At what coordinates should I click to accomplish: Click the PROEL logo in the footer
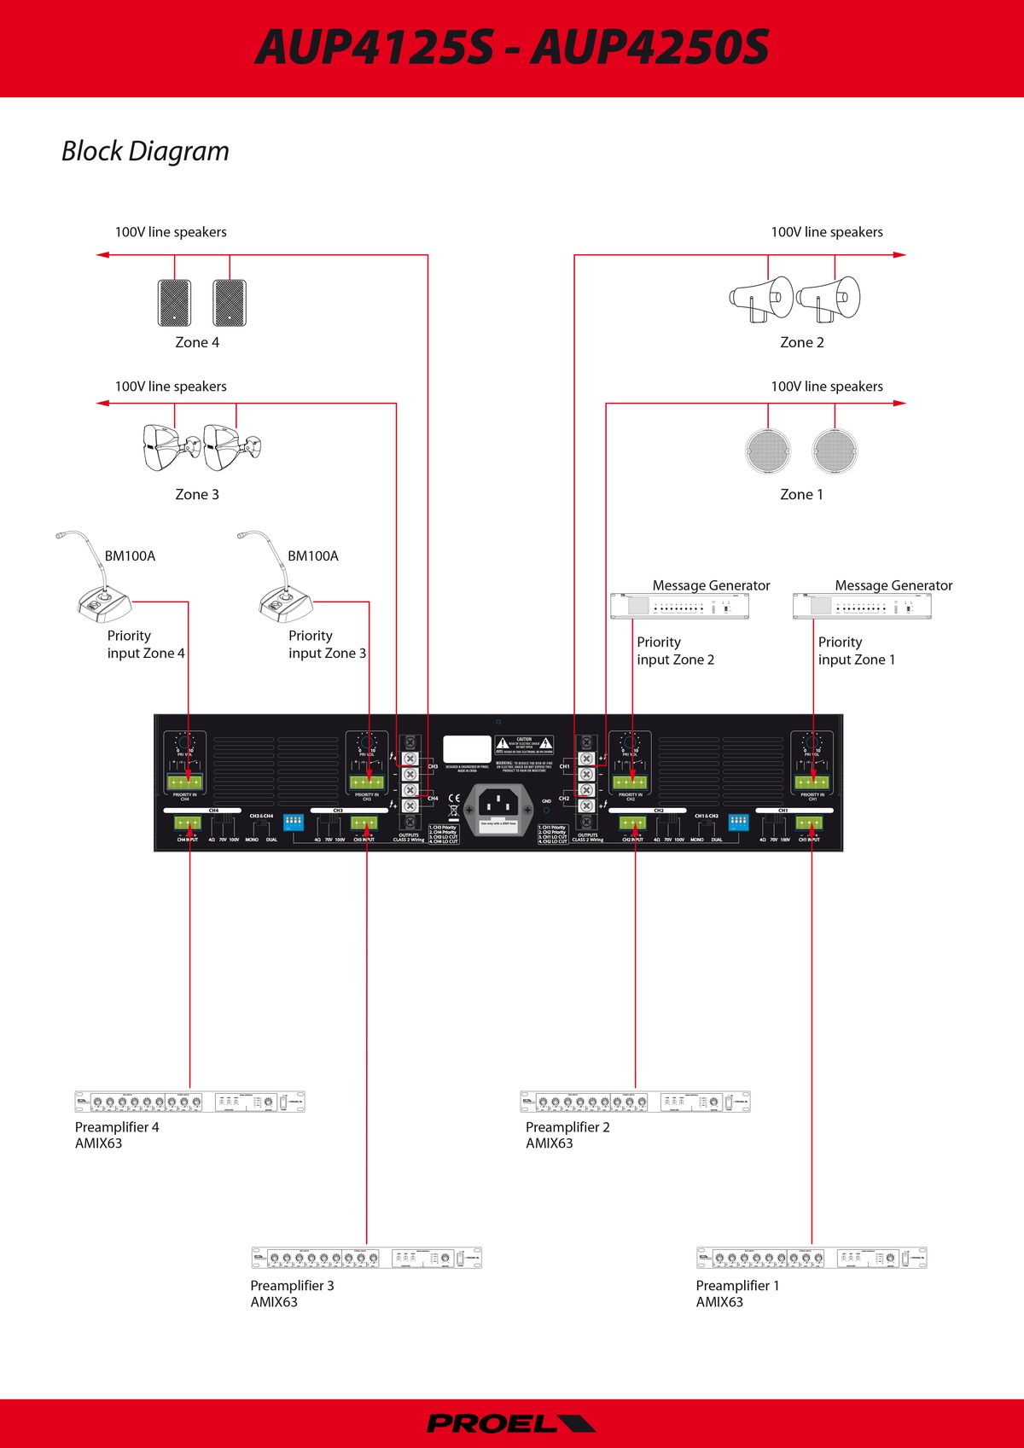tap(510, 1423)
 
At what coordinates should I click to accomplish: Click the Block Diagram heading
tap(145, 151)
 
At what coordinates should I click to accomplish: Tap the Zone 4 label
tap(197, 342)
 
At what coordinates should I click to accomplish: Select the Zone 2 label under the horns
tap(801, 342)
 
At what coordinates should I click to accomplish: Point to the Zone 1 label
tap(801, 494)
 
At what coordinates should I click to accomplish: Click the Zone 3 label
tap(197, 494)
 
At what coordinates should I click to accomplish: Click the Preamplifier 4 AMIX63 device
tap(189, 1102)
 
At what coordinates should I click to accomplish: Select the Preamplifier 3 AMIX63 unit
tap(366, 1258)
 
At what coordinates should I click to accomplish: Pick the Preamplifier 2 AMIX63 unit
tap(635, 1102)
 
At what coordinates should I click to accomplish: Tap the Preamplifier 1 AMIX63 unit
tap(812, 1258)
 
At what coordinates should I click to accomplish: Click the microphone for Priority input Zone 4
tap(97, 589)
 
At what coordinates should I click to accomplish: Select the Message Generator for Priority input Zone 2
tap(680, 606)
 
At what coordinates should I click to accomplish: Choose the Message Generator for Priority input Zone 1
tap(862, 606)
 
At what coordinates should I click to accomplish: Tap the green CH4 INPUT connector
tap(188, 823)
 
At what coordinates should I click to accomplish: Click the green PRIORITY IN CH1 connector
tap(812, 782)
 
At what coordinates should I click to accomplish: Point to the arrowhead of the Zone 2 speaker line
tap(899, 254)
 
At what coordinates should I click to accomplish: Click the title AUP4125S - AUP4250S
tap(512, 47)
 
